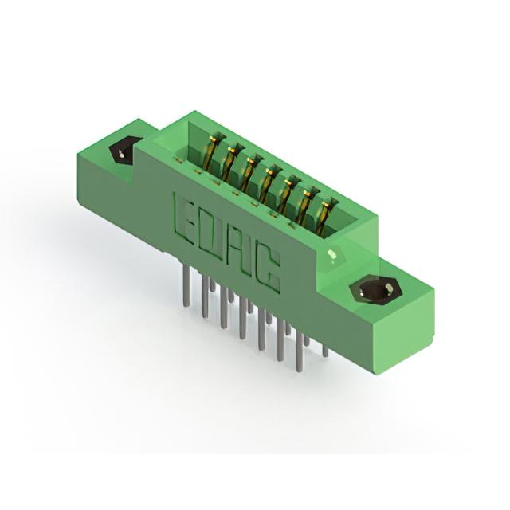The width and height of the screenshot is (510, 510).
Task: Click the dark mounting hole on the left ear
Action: click(122, 151)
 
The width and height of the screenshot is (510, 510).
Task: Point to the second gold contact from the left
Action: click(232, 162)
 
